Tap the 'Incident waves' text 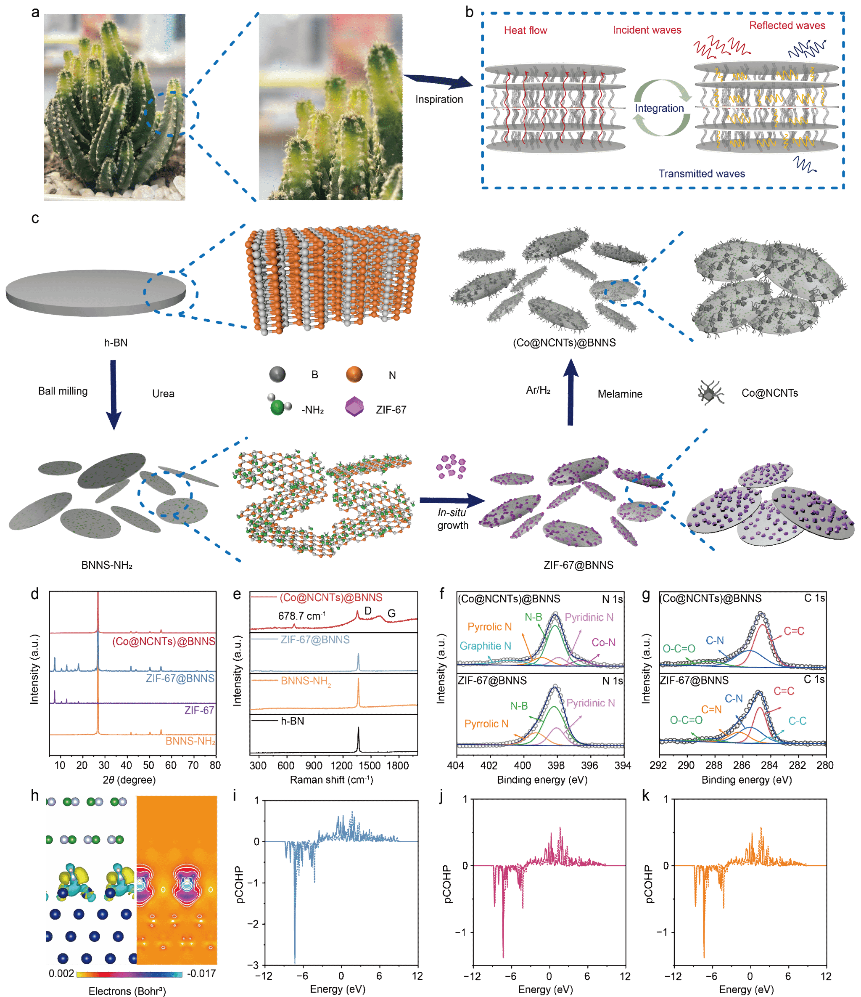click(647, 30)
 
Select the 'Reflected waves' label click(787, 26)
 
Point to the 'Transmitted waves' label click(701, 174)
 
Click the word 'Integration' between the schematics click(659, 108)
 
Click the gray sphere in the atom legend click(277, 374)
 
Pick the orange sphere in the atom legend click(354, 374)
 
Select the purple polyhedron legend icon click(354, 407)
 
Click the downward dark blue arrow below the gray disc click(114, 395)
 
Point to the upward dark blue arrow click(571, 392)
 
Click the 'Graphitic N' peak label click(485, 646)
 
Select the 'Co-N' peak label click(603, 642)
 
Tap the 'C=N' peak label click(711, 709)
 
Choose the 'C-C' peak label click(797, 721)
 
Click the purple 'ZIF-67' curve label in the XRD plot click(199, 710)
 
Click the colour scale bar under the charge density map click(129, 974)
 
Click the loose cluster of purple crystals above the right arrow click(451, 466)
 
